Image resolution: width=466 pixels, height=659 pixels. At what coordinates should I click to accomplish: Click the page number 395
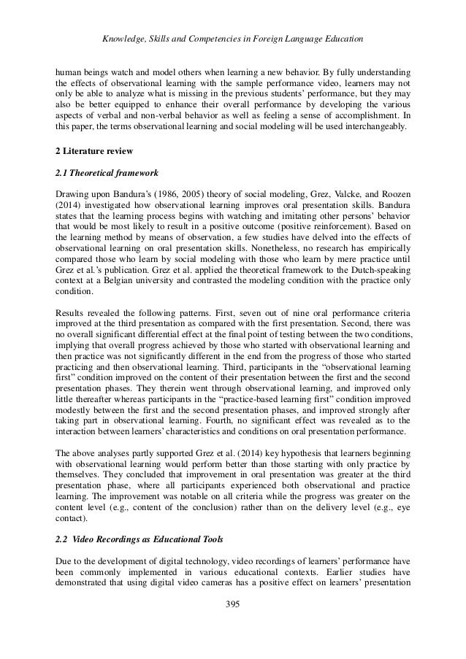tap(232, 604)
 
